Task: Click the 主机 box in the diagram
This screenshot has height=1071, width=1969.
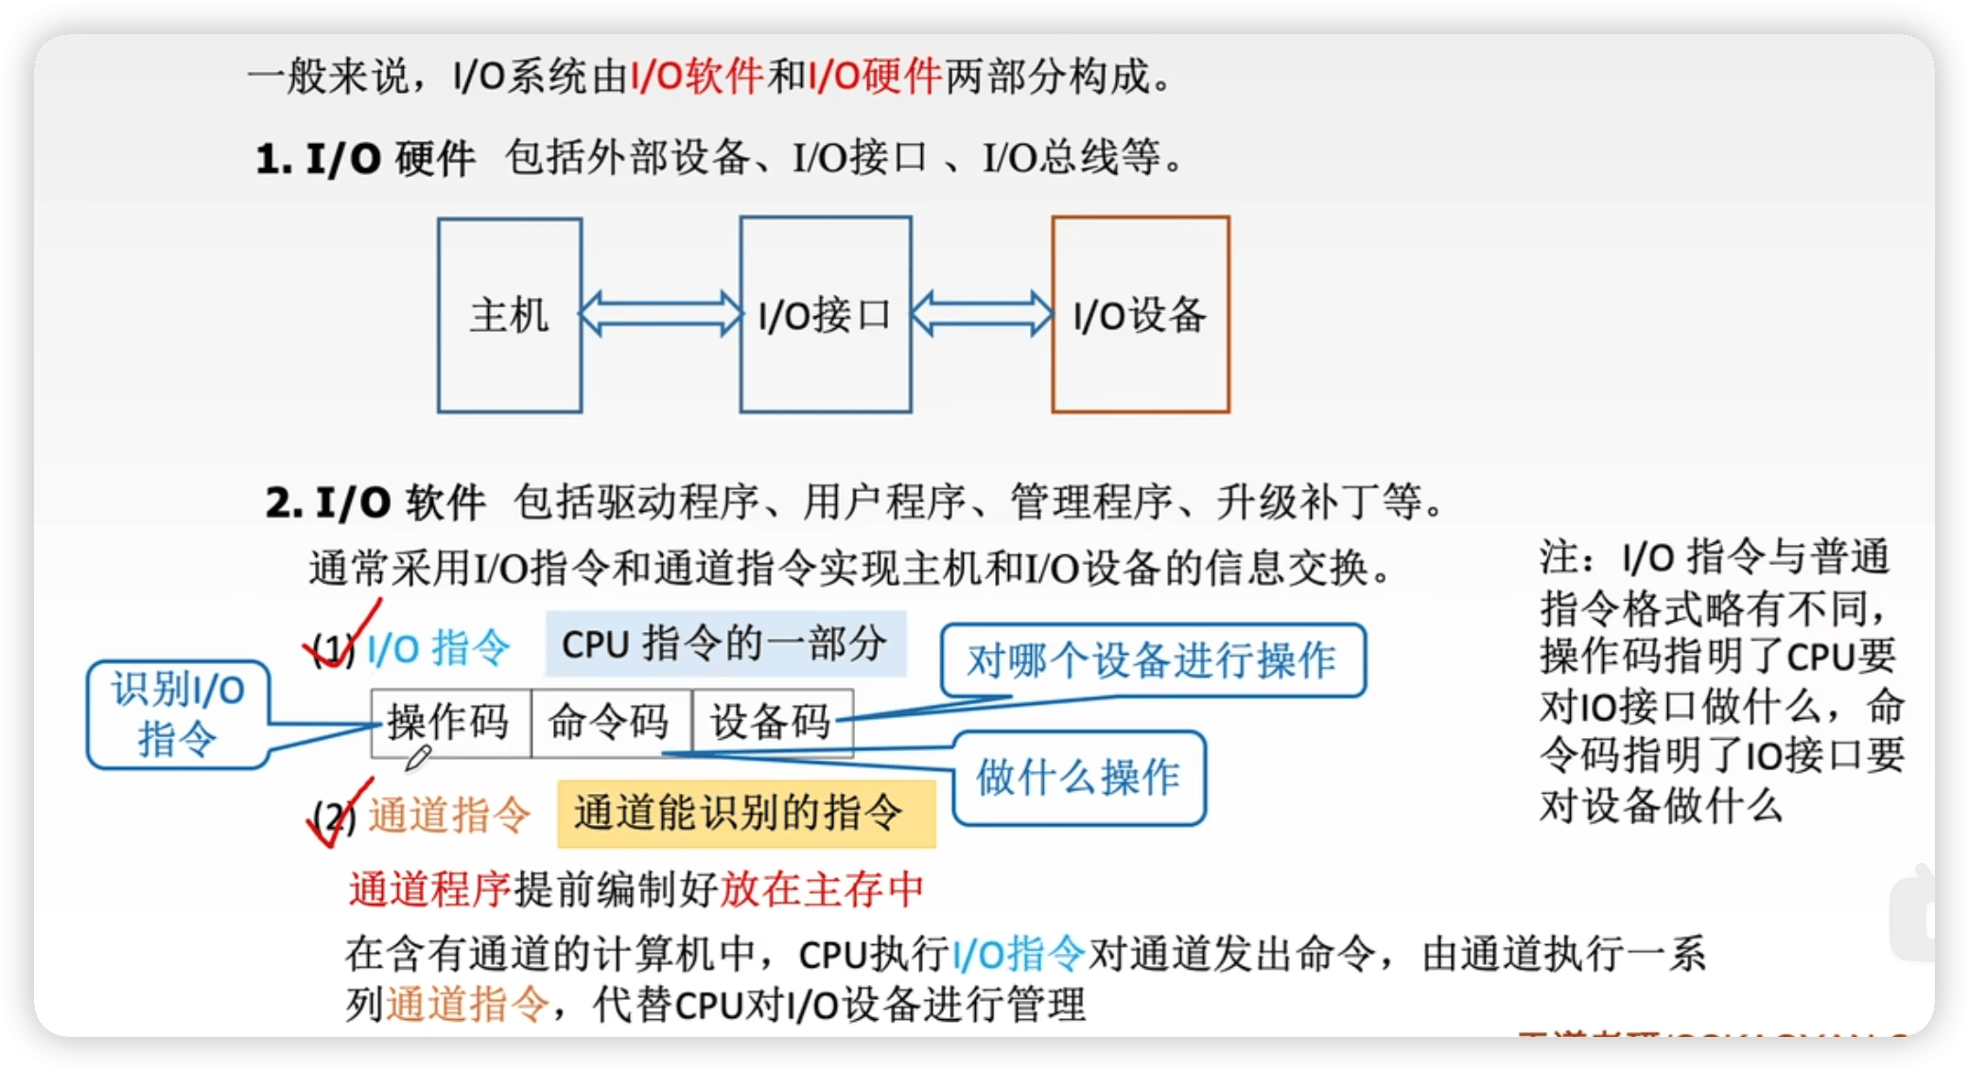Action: tap(510, 315)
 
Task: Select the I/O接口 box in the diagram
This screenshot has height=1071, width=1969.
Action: tap(826, 315)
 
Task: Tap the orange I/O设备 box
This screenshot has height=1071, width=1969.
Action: tap(1141, 315)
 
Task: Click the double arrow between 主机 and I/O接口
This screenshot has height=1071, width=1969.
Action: tap(661, 314)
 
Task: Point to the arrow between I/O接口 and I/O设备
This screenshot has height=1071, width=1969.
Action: tap(982, 314)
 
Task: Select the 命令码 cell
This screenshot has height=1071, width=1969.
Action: tap(611, 723)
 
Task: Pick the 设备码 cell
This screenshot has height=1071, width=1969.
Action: tap(772, 723)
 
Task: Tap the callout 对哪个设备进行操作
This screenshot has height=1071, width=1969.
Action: tap(1152, 660)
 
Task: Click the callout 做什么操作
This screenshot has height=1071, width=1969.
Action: tap(1078, 778)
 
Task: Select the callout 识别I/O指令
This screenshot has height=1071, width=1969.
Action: tap(178, 714)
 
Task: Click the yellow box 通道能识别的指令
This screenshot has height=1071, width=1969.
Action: tap(745, 814)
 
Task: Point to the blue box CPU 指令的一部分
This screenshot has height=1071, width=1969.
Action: tap(724, 644)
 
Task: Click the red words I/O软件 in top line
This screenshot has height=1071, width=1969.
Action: tap(697, 76)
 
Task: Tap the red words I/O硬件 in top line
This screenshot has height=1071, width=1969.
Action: tap(875, 76)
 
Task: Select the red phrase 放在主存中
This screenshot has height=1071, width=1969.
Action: tap(822, 889)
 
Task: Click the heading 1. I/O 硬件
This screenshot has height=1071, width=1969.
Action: tap(365, 159)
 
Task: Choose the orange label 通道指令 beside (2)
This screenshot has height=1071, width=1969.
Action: tap(450, 815)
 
